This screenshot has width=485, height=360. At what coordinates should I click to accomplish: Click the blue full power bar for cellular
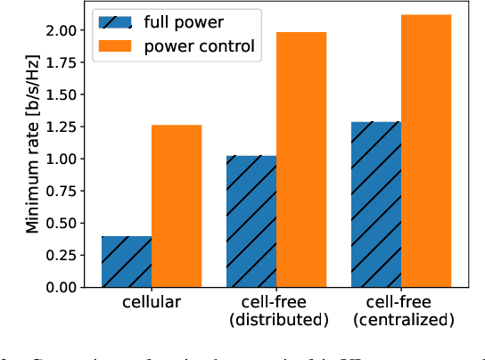[127, 262]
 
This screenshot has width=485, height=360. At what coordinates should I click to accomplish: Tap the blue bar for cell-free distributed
[251, 222]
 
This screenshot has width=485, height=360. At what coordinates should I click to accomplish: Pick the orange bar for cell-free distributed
[301, 160]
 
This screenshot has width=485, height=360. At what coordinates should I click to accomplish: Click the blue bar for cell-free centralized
[375, 205]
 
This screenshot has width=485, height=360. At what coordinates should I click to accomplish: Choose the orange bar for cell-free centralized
[426, 151]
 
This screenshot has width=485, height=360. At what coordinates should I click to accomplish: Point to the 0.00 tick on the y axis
[66, 288]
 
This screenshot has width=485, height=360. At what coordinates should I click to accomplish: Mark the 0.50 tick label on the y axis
[66, 224]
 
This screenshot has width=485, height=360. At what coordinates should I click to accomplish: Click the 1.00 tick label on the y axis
[66, 159]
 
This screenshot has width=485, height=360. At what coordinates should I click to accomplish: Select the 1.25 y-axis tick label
[66, 127]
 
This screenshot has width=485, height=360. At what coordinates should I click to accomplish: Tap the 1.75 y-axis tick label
[66, 62]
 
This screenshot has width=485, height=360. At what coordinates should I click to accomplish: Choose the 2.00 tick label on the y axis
[66, 30]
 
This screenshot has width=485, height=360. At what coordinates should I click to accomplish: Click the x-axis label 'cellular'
[152, 303]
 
